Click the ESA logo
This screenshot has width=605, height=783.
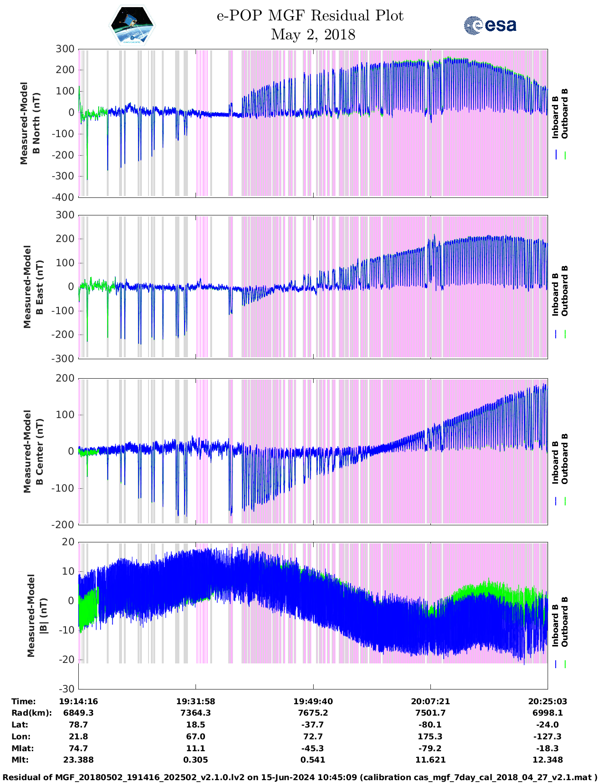coord(490,25)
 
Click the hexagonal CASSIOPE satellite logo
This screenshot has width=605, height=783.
coord(132,26)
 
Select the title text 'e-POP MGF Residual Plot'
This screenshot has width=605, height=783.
coord(310,16)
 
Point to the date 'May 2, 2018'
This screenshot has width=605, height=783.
coord(313,35)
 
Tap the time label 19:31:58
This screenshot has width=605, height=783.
coord(196,701)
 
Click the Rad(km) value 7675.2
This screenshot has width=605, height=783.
coord(313,713)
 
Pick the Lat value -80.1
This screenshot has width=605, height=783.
coord(430,725)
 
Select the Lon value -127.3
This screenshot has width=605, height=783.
coord(547,736)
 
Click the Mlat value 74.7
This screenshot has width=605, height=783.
coord(78,748)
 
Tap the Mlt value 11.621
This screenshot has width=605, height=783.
coord(430,760)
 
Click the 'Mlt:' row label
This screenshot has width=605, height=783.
coord(20,760)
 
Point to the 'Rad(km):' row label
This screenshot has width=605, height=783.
coord(32,713)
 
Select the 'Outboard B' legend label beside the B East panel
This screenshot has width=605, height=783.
coord(565,290)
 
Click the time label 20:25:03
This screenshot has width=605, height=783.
coord(547,701)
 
